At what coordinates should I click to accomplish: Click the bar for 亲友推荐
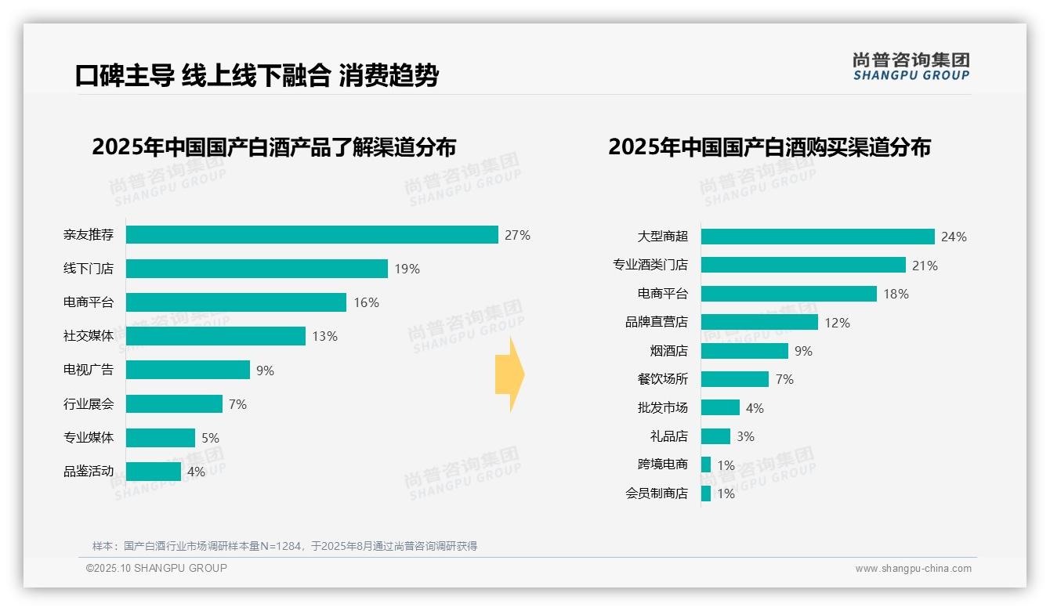click(312, 235)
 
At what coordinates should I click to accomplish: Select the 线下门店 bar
click(256, 269)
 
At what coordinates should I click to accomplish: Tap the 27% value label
click(517, 235)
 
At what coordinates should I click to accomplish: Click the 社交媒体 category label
click(89, 336)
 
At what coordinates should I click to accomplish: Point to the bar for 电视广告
click(187, 370)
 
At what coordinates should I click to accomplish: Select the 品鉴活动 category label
click(89, 472)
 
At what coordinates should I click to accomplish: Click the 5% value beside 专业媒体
click(210, 438)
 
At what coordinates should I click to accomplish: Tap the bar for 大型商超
click(817, 237)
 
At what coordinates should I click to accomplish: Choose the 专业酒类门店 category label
click(650, 266)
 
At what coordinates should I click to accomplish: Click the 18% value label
click(896, 294)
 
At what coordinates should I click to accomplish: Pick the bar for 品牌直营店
click(759, 322)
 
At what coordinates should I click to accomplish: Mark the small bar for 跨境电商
click(706, 465)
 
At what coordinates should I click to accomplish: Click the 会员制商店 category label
click(657, 493)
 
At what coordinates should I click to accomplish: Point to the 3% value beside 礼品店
click(745, 436)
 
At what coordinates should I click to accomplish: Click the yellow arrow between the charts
click(510, 374)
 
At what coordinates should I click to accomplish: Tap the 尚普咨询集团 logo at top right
click(911, 66)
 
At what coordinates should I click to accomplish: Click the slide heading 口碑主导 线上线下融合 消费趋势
click(256, 75)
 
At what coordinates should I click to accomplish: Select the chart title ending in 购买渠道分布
click(769, 147)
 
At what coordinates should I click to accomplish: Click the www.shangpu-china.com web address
click(913, 569)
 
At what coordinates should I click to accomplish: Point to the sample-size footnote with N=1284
click(284, 546)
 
